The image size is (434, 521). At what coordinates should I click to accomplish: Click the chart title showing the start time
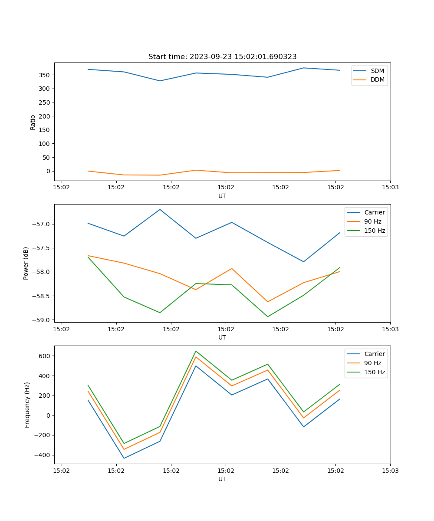coord(222,57)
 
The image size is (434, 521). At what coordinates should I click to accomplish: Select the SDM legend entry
coord(377,71)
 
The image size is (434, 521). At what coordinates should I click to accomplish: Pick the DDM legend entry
coord(377,79)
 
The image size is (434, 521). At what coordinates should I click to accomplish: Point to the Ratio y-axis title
coord(33,122)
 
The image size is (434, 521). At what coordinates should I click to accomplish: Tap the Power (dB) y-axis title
coord(26,263)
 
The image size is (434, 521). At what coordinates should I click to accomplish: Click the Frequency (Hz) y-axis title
coord(27,405)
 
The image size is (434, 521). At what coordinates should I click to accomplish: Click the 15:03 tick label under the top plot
coord(390,188)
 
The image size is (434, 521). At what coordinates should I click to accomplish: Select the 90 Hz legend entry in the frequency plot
coord(373,363)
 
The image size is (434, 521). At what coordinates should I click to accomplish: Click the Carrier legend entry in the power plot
coord(374,212)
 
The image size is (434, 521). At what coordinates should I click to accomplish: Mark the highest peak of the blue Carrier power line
coord(160,209)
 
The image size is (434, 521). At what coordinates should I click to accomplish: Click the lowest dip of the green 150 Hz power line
coord(267,317)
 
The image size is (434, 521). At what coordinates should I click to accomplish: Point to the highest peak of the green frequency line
coord(196,351)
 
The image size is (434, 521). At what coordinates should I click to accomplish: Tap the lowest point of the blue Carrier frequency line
coord(124,458)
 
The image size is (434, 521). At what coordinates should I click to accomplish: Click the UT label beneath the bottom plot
coord(222,479)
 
